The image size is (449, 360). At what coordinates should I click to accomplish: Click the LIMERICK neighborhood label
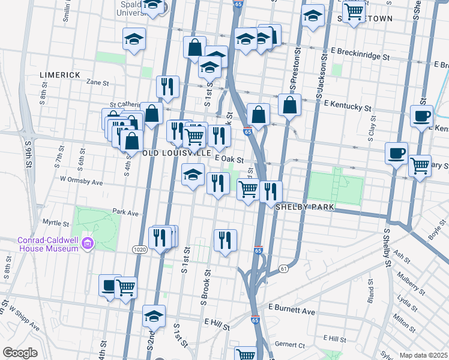click(59, 74)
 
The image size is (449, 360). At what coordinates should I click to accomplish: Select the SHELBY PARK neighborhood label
click(304, 207)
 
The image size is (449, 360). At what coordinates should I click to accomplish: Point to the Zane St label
click(100, 82)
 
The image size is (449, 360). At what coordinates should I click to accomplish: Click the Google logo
click(20, 352)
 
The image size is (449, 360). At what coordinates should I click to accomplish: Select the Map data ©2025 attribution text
click(423, 355)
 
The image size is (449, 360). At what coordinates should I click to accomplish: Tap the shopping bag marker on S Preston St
click(289, 104)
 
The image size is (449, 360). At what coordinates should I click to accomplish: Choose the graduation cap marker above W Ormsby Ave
click(193, 175)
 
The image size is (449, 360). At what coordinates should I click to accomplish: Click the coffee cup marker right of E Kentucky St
click(421, 115)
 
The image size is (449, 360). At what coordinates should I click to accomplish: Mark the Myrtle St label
click(56, 222)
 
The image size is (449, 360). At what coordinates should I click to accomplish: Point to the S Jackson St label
click(322, 76)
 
